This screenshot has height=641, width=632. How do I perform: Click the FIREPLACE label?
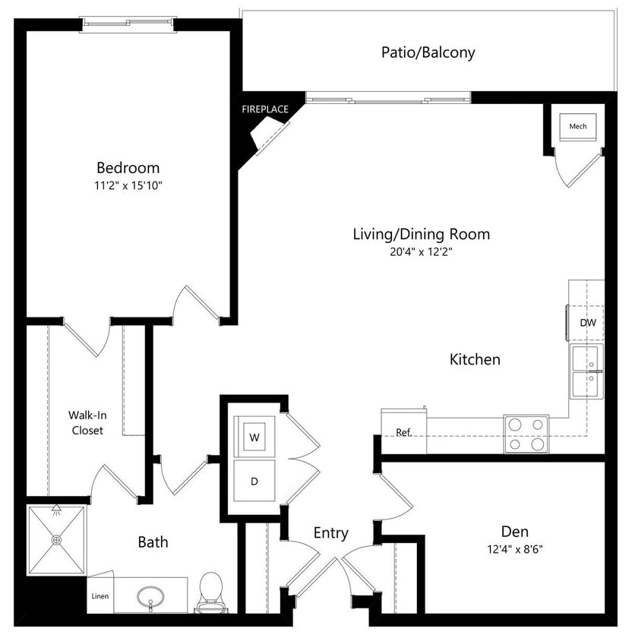(265, 109)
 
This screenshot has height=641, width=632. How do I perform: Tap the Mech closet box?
(577, 126)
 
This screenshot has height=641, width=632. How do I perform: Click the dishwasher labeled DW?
(587, 323)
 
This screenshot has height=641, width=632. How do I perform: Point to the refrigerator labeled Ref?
(403, 432)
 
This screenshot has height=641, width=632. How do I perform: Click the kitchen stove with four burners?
(526, 434)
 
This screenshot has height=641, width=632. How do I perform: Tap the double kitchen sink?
(587, 371)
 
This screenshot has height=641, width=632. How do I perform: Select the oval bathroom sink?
(152, 597)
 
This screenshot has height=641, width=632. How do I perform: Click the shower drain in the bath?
(56, 540)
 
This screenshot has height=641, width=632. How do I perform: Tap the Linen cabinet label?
(100, 596)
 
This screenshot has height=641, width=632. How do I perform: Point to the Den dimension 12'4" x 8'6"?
(514, 549)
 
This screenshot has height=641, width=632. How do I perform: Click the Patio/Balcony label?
(428, 52)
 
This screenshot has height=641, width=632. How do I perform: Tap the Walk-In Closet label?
(86, 422)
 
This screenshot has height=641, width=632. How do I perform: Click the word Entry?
(330, 533)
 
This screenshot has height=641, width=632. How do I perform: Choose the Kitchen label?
(475, 359)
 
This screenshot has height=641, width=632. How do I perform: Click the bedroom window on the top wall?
(128, 24)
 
